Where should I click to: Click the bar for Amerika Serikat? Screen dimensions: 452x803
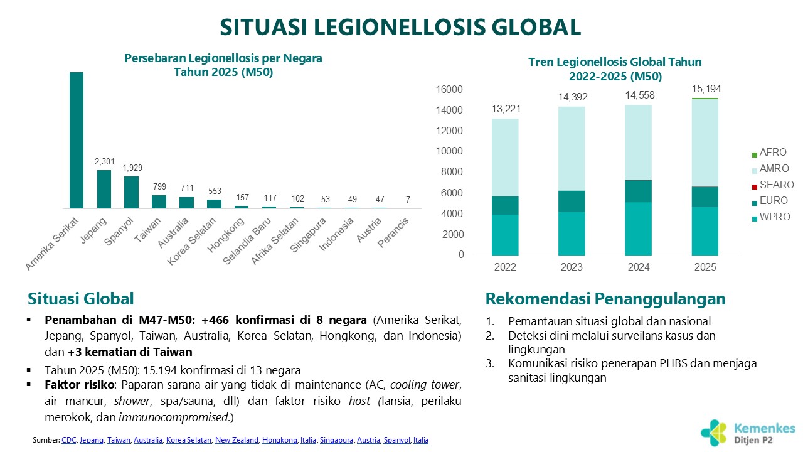(x=76, y=140)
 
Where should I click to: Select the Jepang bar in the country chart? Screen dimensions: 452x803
(x=104, y=189)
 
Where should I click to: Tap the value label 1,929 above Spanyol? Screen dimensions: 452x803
(x=131, y=168)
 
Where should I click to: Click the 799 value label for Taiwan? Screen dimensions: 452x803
(x=159, y=186)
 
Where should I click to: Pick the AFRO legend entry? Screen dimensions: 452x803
(x=772, y=153)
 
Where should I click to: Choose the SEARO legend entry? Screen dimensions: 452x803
(x=776, y=185)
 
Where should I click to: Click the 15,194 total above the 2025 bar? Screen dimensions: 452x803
(x=706, y=90)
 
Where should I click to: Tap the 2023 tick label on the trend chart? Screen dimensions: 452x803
(x=572, y=267)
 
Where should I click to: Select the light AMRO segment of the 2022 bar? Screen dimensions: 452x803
(x=505, y=157)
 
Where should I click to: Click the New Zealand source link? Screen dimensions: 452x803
(x=236, y=440)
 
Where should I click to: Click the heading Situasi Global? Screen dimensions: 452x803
(x=81, y=298)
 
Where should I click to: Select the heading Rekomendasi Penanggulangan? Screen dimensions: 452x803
(x=605, y=298)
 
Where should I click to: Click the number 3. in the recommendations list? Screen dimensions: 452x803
(x=490, y=363)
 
